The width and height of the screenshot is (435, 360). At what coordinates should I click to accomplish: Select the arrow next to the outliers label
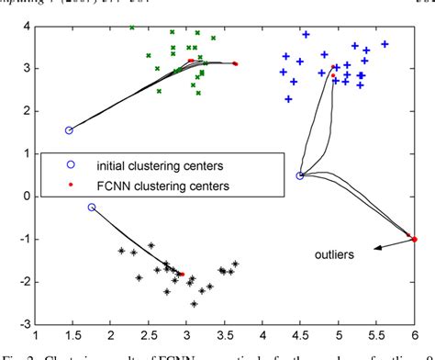coord(391,243)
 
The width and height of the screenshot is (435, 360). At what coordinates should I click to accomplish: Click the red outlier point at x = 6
coord(415,239)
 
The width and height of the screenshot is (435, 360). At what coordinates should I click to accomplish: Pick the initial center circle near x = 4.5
coord(300,175)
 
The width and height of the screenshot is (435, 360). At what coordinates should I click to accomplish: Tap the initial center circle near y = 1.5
coord(69,130)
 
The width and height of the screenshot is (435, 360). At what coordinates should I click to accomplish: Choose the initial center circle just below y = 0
coord(92,208)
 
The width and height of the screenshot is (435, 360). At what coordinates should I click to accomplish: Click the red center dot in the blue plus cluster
coord(333,67)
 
